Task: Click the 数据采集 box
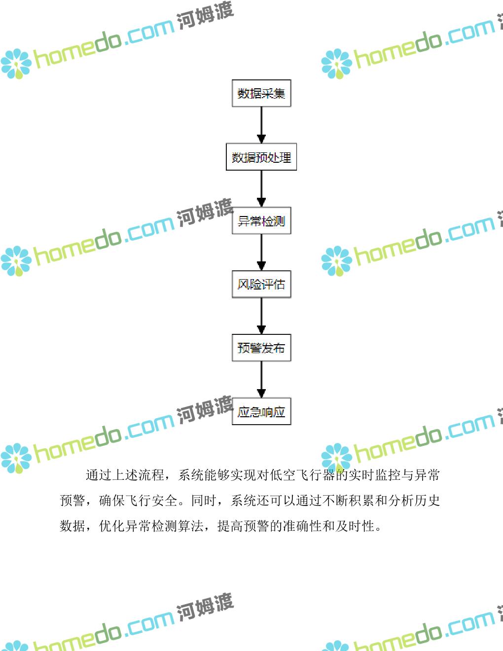pos(261,93)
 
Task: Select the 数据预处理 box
pos(261,157)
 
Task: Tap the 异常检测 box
pos(261,220)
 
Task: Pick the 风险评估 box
pos(261,284)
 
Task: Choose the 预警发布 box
pos(261,348)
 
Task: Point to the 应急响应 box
pos(261,411)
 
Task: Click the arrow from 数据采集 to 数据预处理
pos(261,125)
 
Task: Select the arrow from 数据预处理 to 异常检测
pos(261,188)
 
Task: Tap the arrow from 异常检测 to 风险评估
pos(261,252)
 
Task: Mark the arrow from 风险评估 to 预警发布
pos(261,316)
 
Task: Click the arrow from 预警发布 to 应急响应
pos(261,379)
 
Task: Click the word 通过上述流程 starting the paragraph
pos(125,475)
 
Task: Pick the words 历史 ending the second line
pos(427,501)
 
